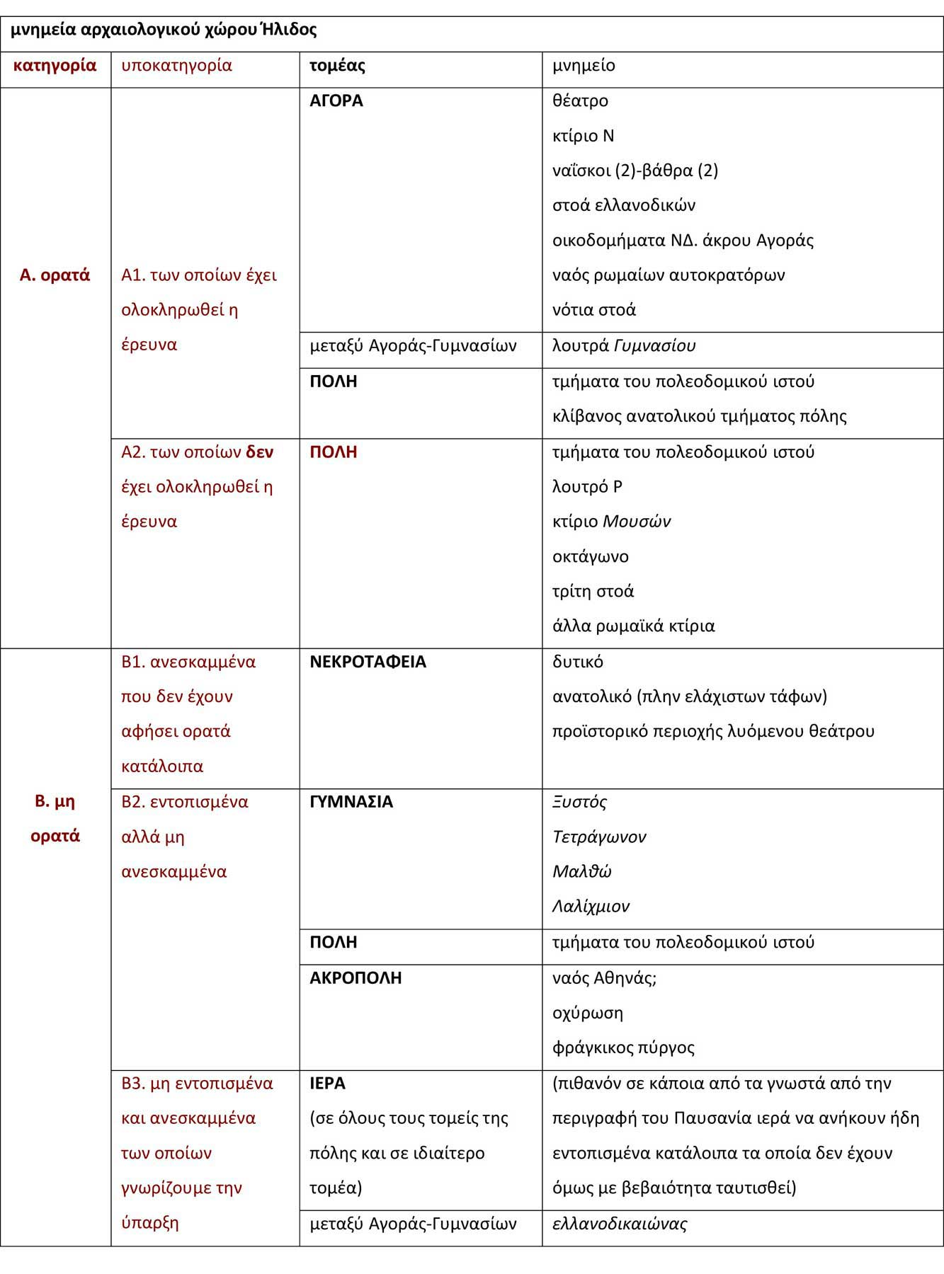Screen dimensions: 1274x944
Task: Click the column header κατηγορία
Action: tap(55, 66)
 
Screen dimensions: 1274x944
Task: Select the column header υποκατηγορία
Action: tap(176, 66)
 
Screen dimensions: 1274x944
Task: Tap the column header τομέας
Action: tap(337, 66)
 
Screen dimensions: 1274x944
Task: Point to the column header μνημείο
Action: tap(584, 66)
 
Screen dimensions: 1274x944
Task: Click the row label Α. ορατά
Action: tap(55, 275)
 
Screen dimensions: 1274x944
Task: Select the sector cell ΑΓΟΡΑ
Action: tap(336, 101)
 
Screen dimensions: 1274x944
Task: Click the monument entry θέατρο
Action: tap(580, 101)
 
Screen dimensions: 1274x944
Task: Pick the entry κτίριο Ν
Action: tap(583, 135)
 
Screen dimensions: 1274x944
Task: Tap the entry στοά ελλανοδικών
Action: tap(623, 205)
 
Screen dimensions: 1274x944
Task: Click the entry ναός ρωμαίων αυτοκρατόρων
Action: tap(668, 275)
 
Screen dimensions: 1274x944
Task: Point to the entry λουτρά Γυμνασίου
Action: tap(623, 345)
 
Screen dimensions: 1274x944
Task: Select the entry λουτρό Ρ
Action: tap(587, 486)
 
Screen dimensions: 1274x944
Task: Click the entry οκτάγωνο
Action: tap(590, 556)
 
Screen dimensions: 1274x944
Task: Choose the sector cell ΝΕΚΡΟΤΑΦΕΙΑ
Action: tap(368, 662)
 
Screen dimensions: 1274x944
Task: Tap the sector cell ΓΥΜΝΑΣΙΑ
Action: tap(351, 802)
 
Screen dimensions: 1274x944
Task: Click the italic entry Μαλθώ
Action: tap(581, 871)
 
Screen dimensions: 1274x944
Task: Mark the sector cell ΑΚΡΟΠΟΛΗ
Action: tap(356, 978)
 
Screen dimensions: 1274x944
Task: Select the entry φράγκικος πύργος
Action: tap(623, 1048)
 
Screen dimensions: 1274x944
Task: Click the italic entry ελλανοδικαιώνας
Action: tap(620, 1224)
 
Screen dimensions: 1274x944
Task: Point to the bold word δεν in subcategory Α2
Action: tap(259, 452)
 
